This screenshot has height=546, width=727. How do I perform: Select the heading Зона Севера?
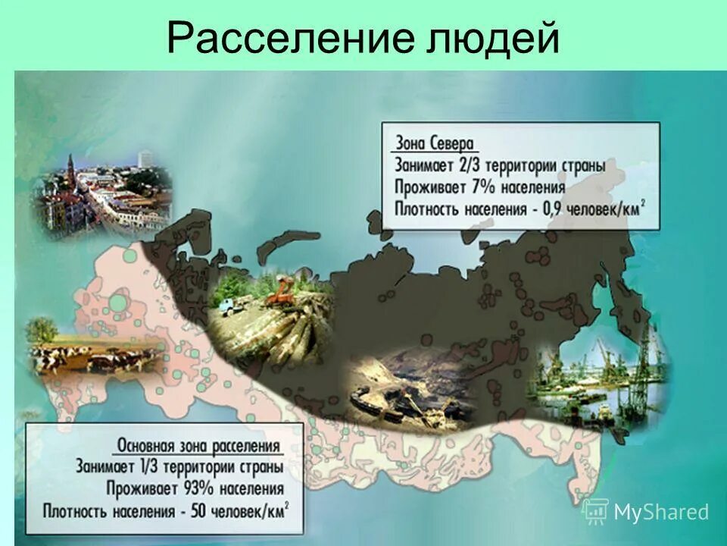434,144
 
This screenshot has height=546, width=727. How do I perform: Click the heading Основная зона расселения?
199,446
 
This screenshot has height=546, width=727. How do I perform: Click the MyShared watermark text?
661,512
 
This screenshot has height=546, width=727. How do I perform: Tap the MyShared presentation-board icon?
596,512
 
